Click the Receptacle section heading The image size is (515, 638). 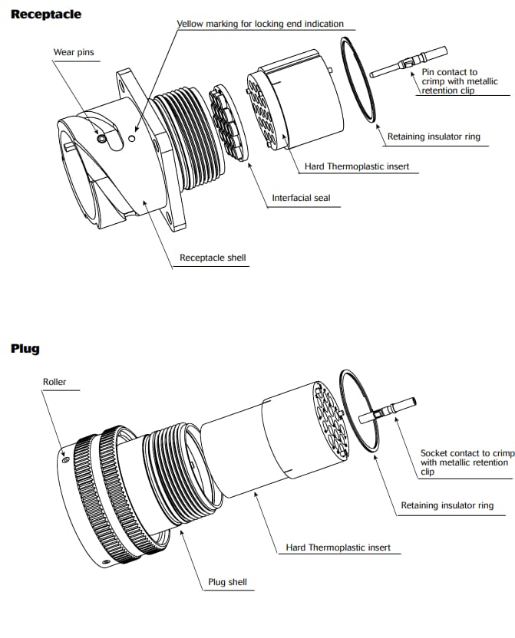point(45,14)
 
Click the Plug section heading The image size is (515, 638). point(25,349)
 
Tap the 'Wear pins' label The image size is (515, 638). point(74,52)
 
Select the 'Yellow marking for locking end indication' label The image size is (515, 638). point(260,24)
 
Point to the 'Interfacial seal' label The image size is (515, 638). point(301,198)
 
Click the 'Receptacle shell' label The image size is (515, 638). point(213,258)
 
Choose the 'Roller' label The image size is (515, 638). point(54,381)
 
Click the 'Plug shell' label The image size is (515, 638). point(228,582)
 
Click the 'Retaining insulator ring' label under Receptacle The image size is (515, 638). point(434,136)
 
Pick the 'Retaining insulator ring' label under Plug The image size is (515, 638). point(447,505)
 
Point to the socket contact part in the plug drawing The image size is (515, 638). point(388,409)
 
